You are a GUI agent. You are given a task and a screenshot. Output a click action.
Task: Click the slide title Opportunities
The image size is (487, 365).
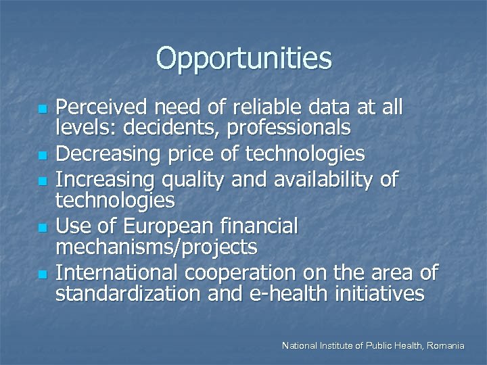243,59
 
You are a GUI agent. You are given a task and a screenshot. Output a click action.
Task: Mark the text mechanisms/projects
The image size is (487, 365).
156,247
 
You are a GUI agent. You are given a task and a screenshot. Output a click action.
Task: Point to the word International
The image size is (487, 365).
114,274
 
